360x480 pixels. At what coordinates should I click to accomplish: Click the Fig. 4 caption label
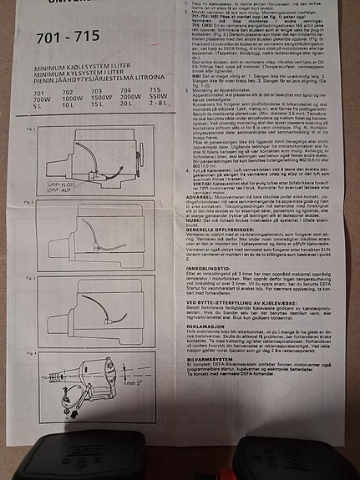pos(30,353)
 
